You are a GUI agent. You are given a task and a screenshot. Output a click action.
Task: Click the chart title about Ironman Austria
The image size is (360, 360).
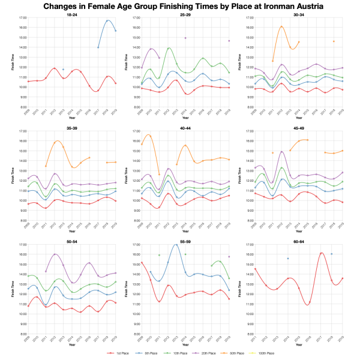(180, 6)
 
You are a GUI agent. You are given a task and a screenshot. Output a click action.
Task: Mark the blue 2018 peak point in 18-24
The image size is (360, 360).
(107, 21)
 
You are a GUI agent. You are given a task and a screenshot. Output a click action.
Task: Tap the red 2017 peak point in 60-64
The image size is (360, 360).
(322, 253)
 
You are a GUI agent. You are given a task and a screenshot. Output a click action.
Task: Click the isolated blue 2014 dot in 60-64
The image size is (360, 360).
(288, 258)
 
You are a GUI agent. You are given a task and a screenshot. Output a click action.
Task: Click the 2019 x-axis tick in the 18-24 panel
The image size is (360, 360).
(116, 111)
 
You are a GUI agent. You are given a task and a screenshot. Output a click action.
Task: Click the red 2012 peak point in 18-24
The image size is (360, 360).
(55, 68)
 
